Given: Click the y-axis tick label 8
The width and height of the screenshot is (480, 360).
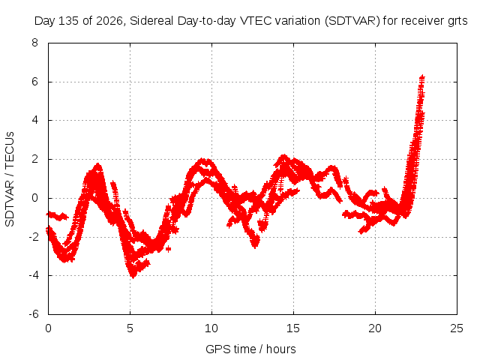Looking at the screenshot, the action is coord(34,43).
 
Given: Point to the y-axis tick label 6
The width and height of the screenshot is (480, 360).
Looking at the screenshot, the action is coord(34,82).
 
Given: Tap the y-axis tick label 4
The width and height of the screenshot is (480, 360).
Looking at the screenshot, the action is coord(34,120).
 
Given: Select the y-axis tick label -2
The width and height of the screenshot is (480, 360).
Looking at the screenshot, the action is coord(34,237).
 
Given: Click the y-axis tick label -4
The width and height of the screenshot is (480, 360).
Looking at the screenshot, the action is coord(34,275).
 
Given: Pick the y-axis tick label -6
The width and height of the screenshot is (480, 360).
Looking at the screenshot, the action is coord(34,314).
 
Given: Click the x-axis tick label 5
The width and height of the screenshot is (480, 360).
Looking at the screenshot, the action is coord(130,328).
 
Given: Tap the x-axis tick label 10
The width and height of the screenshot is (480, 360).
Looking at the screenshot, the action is coord(211,328).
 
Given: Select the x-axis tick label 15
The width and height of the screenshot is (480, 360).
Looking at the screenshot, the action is coord(293,328).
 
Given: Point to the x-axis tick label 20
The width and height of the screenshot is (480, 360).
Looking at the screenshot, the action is coord(375,328).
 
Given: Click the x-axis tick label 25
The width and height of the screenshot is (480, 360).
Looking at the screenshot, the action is coord(457,328).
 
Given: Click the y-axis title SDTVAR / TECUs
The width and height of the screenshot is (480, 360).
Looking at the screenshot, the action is coord(10,179).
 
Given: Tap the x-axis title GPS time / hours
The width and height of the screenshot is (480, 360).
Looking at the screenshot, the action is coord(250,349).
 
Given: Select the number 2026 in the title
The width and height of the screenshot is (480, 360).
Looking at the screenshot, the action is coord(109,21).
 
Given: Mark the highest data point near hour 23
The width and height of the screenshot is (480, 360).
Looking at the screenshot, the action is coord(422,76).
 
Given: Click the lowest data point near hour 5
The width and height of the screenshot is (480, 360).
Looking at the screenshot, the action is coord(133,275).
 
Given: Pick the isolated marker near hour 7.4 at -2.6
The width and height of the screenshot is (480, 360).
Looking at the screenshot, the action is coord(168,249).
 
